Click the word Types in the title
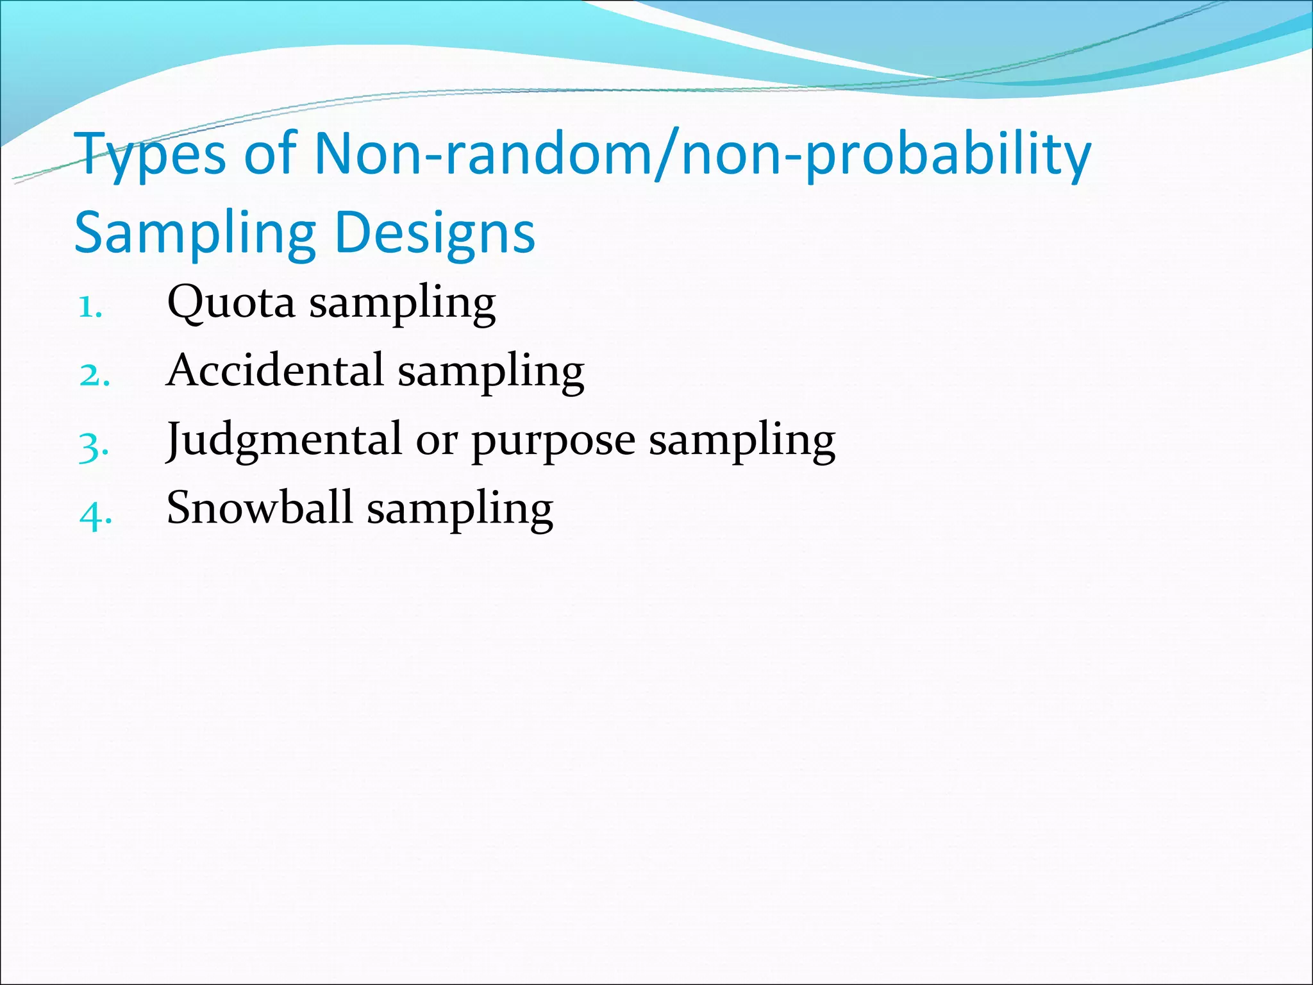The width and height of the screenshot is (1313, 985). (x=151, y=155)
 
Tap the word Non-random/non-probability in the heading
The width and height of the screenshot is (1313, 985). (x=702, y=155)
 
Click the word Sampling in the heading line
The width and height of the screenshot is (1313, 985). (x=195, y=233)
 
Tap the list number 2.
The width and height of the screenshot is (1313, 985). (x=94, y=376)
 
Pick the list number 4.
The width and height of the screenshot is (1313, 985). (x=96, y=514)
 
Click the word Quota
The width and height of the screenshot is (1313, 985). (x=231, y=302)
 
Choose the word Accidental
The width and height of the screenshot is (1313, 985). (x=274, y=370)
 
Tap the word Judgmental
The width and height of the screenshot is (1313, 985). (x=283, y=441)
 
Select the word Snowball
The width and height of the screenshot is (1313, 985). (x=259, y=507)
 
